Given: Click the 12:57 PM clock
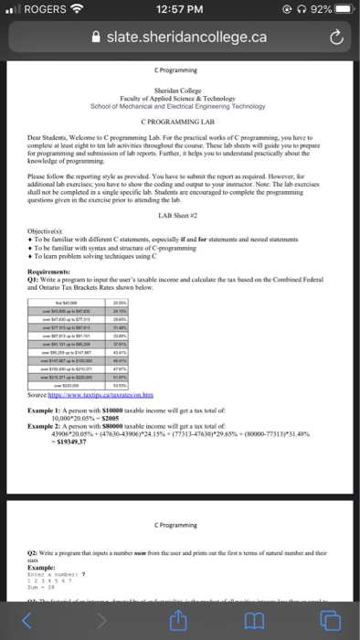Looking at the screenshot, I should pos(179,9).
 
